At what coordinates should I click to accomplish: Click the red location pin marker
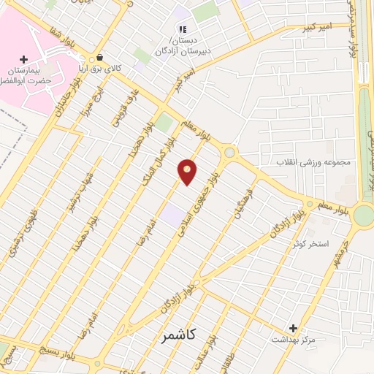point(188,171)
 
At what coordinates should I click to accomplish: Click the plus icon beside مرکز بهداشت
point(294,329)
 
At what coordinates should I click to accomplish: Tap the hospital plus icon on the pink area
point(23,59)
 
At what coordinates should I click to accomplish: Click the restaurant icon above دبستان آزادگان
point(183,29)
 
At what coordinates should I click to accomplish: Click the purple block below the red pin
point(174,215)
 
